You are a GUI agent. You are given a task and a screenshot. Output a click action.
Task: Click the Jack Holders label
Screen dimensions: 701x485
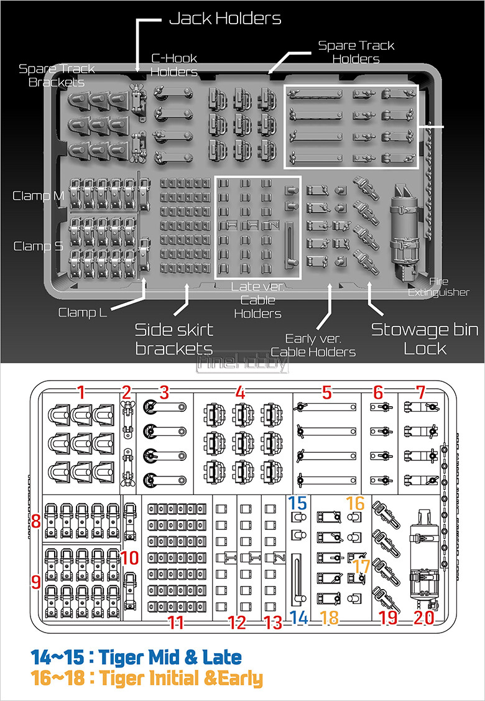225,19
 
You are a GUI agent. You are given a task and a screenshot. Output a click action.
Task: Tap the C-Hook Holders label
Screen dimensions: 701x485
174,65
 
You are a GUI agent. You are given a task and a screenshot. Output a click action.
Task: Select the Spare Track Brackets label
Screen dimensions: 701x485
57,75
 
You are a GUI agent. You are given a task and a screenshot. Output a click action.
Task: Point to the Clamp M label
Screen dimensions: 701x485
39,196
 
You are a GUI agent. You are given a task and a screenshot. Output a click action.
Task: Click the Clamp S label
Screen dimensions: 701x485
39,246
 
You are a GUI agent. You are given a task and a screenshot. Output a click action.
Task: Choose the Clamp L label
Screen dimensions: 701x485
83,312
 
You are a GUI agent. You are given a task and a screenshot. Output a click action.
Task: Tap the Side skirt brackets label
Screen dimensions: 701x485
174,338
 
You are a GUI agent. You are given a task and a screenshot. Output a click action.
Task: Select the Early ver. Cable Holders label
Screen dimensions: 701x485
313,345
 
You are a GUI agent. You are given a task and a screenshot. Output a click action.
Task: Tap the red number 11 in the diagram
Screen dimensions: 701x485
177,623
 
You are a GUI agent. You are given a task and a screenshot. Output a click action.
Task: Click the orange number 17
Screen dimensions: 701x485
362,565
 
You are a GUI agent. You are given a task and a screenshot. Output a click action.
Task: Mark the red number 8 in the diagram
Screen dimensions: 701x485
36,521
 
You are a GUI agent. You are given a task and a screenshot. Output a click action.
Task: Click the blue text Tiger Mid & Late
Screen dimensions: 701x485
136,656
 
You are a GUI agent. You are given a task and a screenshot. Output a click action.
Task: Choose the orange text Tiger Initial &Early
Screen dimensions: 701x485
147,678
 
